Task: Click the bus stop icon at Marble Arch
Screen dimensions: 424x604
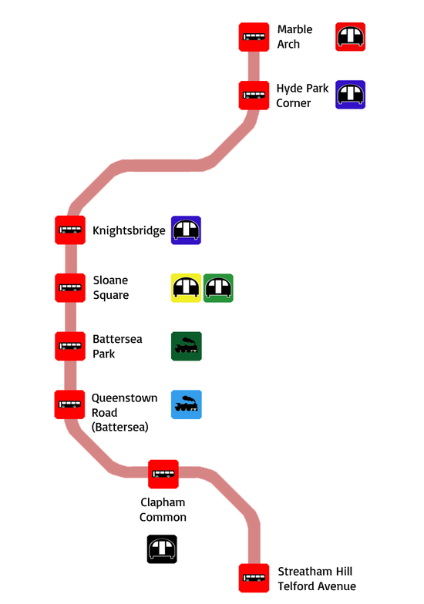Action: [x=254, y=37]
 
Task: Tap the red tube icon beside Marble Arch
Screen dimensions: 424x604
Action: [x=350, y=37]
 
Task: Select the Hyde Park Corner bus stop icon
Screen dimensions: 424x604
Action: [x=254, y=96]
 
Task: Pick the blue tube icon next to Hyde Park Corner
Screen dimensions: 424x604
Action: [x=350, y=95]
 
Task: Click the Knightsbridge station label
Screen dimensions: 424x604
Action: [x=129, y=231]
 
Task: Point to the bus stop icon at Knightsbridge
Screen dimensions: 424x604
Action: [x=69, y=230]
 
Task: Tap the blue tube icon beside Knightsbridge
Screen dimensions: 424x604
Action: [x=187, y=230]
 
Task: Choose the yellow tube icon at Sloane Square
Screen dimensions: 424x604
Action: [x=187, y=288]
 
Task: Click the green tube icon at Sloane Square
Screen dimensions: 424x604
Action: [x=218, y=288]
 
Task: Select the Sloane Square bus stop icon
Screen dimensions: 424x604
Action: [x=69, y=288]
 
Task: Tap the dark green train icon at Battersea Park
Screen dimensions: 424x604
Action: [x=187, y=347]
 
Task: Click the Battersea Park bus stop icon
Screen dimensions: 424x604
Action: [x=69, y=347]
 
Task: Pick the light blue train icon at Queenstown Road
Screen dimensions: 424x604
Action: [x=187, y=404]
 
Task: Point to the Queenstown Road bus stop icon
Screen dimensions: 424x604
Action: [x=69, y=404]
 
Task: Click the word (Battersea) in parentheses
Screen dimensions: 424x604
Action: [x=120, y=427]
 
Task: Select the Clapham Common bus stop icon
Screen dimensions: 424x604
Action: [x=163, y=475]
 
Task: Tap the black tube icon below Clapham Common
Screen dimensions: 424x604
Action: [x=162, y=549]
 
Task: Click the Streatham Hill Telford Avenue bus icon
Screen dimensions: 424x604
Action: [x=254, y=578]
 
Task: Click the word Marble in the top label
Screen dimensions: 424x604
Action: [x=294, y=29]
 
